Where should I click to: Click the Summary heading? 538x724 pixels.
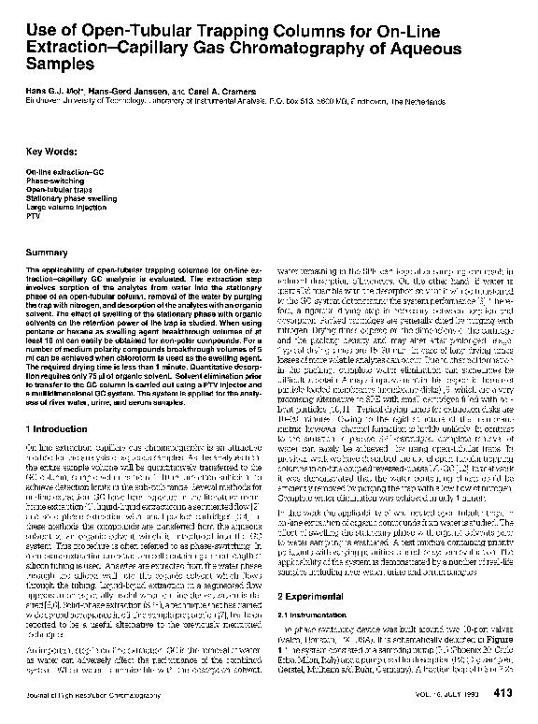[48, 253]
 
